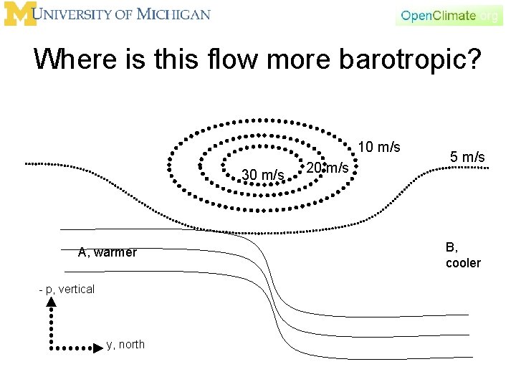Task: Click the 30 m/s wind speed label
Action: pos(263,174)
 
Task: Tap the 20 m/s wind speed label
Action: pos(328,168)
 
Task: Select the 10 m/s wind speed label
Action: pos(379,148)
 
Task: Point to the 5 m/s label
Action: pos(467,157)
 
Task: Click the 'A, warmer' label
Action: pos(107,252)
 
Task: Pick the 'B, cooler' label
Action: pos(463,255)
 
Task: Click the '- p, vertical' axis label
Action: pos(67,290)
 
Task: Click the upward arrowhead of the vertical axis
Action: pos(52,302)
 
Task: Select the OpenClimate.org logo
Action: pos(449,15)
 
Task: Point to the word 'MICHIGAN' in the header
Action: pos(176,14)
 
